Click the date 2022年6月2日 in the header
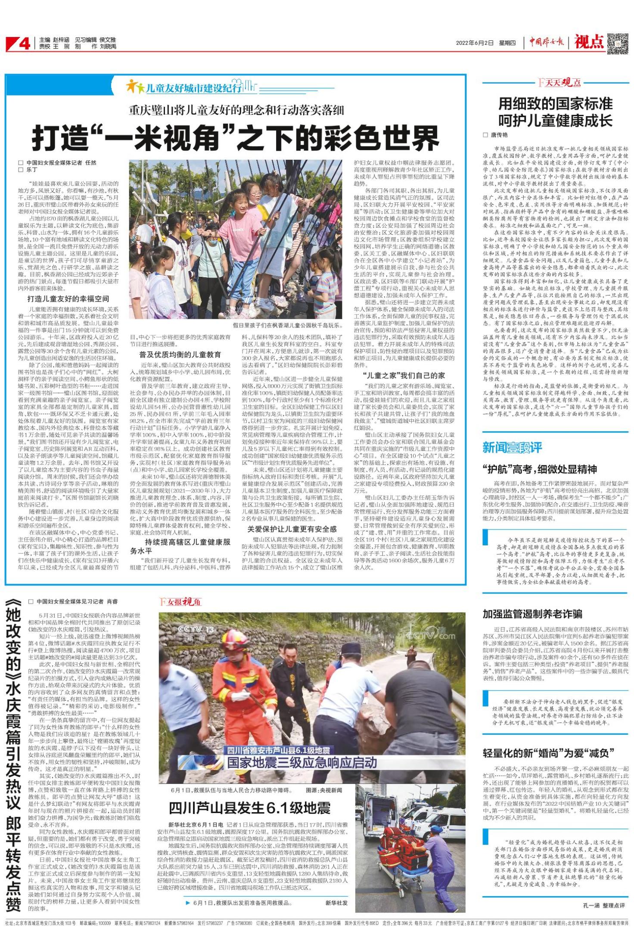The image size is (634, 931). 474,43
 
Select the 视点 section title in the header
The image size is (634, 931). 589,42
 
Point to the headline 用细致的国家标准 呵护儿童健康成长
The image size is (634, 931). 555,112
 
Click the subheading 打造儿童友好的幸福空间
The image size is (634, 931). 68,299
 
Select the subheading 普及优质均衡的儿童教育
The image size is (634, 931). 180,355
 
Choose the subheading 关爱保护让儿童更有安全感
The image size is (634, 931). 292,529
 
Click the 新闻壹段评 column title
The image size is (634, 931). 512,448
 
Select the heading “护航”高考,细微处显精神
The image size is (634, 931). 540,469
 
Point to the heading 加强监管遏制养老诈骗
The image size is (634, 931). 532,614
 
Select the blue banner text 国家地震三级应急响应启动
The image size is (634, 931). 302,763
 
